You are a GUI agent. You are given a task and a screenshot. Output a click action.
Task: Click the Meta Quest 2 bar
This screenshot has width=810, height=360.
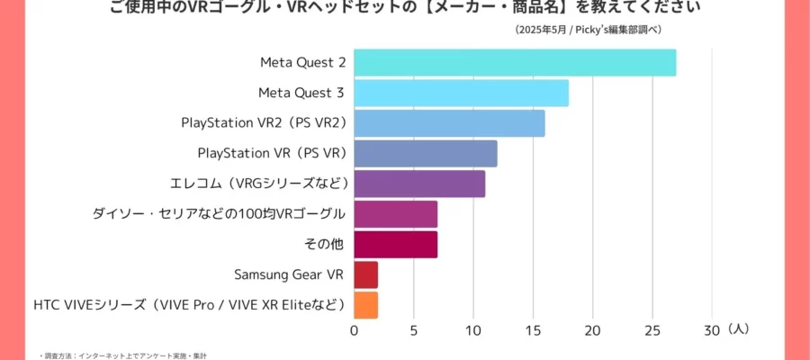[515, 63]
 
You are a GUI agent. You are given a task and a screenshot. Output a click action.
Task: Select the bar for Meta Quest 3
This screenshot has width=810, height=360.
[461, 93]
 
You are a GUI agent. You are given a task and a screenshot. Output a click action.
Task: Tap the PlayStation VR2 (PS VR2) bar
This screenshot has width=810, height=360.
[449, 123]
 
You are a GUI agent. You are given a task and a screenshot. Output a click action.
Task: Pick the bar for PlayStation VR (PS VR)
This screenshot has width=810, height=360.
[425, 154]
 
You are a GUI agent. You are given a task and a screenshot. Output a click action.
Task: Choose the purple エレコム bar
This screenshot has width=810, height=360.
[419, 184]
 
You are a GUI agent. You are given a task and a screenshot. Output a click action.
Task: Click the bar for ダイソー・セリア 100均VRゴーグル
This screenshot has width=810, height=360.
[395, 214]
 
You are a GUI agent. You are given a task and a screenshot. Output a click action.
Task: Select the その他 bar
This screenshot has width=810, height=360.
[395, 245]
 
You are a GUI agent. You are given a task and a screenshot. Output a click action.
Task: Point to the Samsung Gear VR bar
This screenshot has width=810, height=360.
[365, 274]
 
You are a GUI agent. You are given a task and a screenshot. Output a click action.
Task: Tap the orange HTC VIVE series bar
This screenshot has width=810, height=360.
[365, 305]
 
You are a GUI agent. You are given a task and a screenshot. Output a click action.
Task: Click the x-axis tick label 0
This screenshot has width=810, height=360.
[354, 330]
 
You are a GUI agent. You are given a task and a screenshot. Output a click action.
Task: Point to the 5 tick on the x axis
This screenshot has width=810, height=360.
[413, 330]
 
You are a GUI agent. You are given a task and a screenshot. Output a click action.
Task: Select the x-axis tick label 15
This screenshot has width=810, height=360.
[532, 330]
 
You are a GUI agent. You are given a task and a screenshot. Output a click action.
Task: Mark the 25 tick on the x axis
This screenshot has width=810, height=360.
[652, 330]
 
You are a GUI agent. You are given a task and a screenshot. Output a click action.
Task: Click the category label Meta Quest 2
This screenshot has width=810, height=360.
[303, 63]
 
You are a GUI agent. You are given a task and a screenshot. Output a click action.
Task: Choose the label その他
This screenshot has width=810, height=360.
[326, 245]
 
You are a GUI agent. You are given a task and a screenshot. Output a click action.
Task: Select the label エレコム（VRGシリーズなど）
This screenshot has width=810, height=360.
[258, 184]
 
